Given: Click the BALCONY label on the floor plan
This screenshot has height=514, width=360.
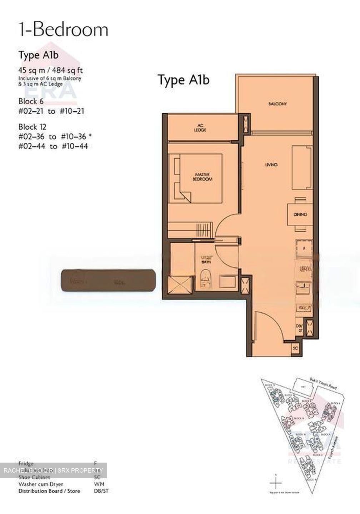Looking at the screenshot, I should tap(277, 104).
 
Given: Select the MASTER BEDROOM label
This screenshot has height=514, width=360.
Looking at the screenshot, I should tap(202, 177).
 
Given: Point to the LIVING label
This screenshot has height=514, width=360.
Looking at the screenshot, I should tap(271, 165).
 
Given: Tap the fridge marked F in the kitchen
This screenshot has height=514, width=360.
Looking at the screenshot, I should tap(304, 247).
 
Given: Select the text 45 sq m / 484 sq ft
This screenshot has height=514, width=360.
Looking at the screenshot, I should tap(51, 70).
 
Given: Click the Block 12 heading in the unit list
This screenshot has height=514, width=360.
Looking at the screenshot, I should tap(32, 127).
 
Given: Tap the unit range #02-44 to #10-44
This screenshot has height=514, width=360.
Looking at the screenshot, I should tap(53, 146).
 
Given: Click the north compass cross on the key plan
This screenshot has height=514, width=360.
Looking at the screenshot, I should tap(276, 483).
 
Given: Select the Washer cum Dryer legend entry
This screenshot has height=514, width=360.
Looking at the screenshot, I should tap(41, 484).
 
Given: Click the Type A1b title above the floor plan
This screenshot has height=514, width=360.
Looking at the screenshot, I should tap(184, 80).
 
